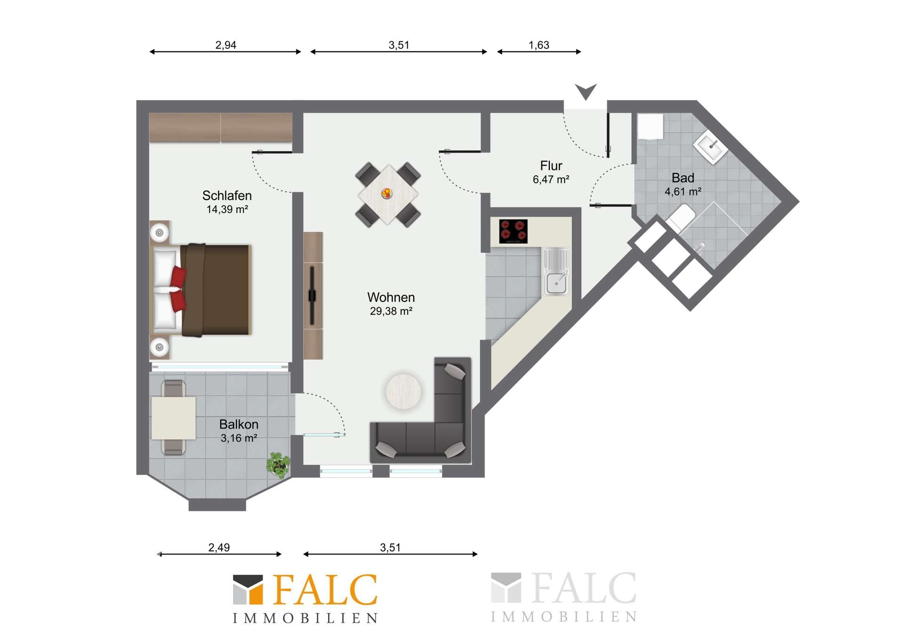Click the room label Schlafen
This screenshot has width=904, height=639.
click(227, 195)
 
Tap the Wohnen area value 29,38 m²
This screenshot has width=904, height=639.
click(391, 311)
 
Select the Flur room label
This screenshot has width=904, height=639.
click(551, 166)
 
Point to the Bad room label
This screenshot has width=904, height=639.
click(683, 178)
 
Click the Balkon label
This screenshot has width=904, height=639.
click(239, 424)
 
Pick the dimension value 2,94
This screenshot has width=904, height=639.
click(226, 45)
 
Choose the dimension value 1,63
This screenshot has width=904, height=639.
click(539, 45)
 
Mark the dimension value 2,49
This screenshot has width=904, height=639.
click(219, 548)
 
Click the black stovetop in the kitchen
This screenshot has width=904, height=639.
click(513, 231)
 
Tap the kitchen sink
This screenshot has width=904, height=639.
click(556, 271)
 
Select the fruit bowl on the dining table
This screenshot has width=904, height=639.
click(387, 193)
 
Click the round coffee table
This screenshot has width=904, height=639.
click(404, 391)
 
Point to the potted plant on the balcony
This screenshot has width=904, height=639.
click(278, 465)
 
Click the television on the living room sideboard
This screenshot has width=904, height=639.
click(312, 296)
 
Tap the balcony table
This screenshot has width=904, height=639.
click(173, 418)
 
